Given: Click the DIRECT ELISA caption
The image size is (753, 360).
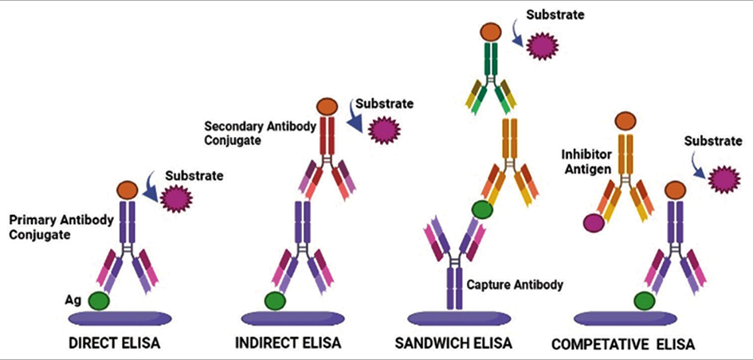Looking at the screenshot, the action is (x=114, y=343).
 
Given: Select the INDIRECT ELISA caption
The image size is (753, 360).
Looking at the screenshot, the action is (x=288, y=343).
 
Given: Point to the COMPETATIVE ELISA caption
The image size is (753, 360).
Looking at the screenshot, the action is (x=623, y=344).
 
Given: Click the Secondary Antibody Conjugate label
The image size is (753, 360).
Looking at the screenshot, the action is (x=261, y=133).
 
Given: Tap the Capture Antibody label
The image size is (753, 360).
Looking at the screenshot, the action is (x=514, y=284).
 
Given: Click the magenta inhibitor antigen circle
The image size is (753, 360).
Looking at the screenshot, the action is (x=594, y=223).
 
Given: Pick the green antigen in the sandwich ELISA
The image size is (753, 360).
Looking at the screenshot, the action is (x=482, y=209).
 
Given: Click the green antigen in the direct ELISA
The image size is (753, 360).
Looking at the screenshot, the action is (x=99, y=301).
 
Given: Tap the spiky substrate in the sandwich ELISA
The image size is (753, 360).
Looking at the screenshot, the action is (x=542, y=45).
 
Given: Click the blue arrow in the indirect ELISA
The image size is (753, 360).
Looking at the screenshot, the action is (x=356, y=115).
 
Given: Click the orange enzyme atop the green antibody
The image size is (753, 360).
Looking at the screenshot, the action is (x=490, y=32).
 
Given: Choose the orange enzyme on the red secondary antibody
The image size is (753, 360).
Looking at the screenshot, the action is (x=327, y=107).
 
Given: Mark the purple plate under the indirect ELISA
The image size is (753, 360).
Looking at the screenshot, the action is (x=292, y=319).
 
